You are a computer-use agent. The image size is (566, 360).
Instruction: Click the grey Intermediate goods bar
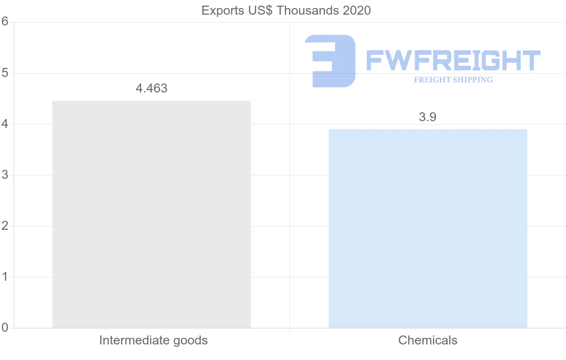pos(151,214)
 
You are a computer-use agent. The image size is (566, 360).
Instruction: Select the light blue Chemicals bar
pos(428,228)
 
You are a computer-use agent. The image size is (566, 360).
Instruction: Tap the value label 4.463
pos(151,88)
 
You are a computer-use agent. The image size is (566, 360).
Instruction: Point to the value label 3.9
pos(428,117)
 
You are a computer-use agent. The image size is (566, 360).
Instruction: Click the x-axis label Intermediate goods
pos(153,340)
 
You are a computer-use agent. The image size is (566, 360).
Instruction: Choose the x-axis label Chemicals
pos(428,340)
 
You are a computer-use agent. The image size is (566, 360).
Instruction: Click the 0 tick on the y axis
pos(5,327)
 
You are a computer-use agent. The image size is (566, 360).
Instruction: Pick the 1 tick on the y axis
pos(5,277)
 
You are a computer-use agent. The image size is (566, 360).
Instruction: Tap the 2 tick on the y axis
pos(5,226)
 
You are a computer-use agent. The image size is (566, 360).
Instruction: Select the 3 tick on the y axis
pos(5,175)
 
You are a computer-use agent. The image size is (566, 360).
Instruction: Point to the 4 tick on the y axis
pos(5,124)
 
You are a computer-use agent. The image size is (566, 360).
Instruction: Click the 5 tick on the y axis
pos(5,73)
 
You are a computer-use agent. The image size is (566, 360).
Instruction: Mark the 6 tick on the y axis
pos(5,22)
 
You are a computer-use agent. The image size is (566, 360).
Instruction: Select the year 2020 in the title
pos(357,10)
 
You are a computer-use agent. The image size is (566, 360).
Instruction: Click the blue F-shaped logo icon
pos(330,60)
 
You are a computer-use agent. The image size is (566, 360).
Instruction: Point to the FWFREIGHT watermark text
pos(453,60)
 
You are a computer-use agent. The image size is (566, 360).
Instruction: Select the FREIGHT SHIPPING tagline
pos(453,80)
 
